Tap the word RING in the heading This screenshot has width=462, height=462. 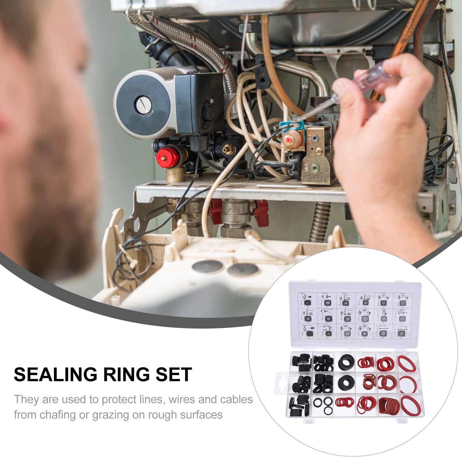coord(126,375)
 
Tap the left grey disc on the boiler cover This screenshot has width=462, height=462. coord(207,266)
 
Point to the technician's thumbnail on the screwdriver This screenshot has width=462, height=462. coord(339,87)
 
